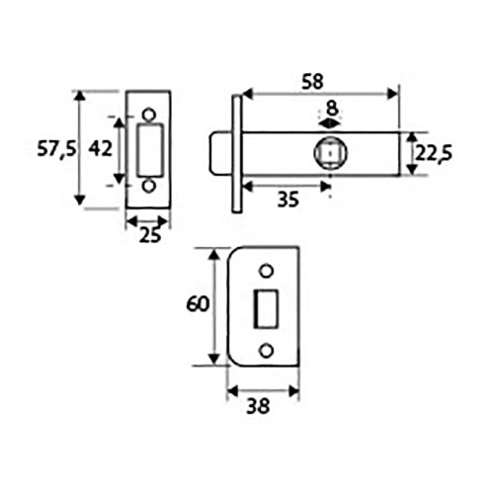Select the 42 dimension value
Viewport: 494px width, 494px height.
point(100,148)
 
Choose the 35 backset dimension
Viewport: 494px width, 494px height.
point(288,200)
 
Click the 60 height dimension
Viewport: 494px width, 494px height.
point(198,304)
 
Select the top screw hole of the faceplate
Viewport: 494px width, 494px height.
point(149,113)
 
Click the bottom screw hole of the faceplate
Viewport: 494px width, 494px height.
point(149,186)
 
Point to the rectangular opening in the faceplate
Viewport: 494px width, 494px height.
point(149,149)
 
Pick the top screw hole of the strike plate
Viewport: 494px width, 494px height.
point(265,272)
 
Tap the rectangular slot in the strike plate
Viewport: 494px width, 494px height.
point(265,309)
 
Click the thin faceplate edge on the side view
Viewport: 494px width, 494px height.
point(237,153)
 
